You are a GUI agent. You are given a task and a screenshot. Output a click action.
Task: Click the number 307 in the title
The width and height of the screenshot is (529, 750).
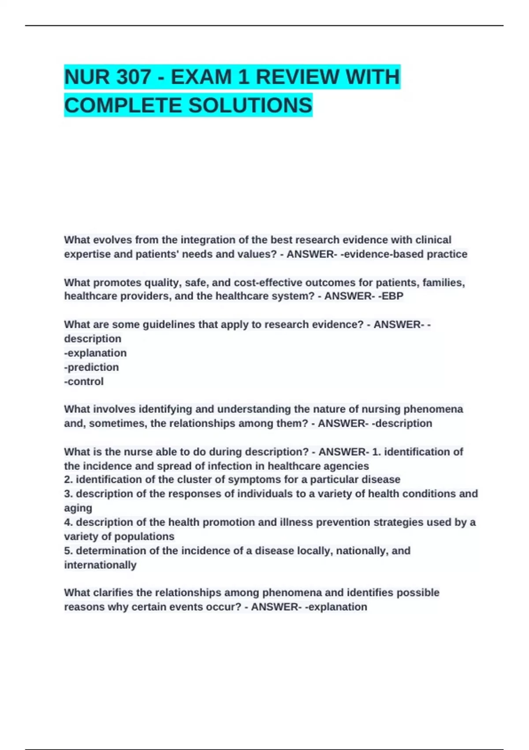coord(134,77)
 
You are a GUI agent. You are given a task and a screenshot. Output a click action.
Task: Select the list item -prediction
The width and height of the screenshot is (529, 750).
coord(92,367)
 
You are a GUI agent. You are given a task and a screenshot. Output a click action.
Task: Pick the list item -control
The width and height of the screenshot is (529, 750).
coord(84,381)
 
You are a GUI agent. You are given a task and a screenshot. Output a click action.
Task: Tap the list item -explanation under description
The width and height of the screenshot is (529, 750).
coord(96,353)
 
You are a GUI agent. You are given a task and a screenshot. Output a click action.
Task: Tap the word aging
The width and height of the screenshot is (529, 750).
coord(78,508)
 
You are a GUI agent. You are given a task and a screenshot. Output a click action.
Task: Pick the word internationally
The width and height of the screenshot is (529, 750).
coord(101,565)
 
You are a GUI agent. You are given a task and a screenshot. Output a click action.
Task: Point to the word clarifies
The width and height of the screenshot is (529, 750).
coord(111,592)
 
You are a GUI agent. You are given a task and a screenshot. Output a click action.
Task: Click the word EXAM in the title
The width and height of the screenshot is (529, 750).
coord(201,77)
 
